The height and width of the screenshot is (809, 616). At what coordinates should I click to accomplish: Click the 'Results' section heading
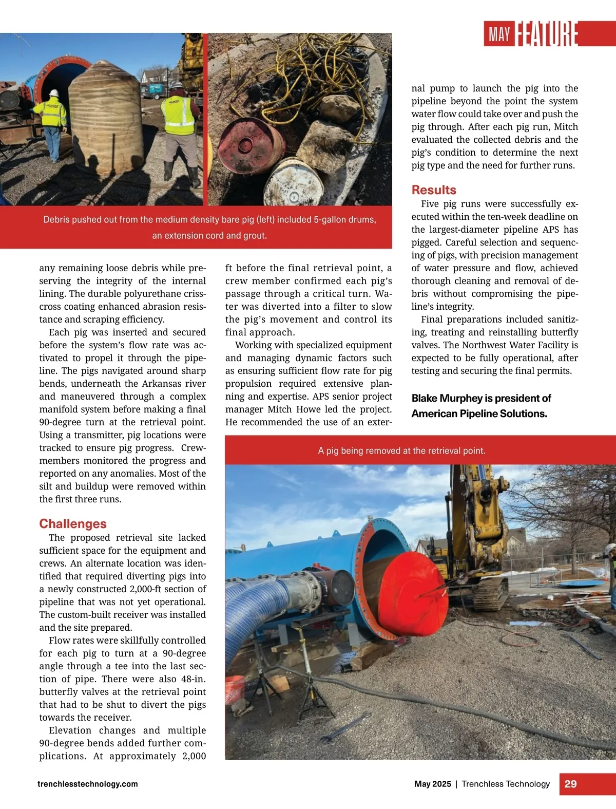click(434, 190)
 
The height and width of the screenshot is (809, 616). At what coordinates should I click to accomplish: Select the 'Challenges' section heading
click(73, 524)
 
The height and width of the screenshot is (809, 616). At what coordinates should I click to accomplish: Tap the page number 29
click(570, 784)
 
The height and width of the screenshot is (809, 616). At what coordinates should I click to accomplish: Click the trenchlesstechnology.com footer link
click(88, 784)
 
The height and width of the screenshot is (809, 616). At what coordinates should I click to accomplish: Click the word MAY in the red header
click(499, 35)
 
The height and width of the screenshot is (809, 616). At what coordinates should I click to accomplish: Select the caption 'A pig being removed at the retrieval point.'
click(401, 450)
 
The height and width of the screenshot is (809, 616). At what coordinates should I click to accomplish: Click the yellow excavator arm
click(475, 519)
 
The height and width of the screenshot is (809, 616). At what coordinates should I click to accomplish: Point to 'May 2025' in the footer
click(433, 784)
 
